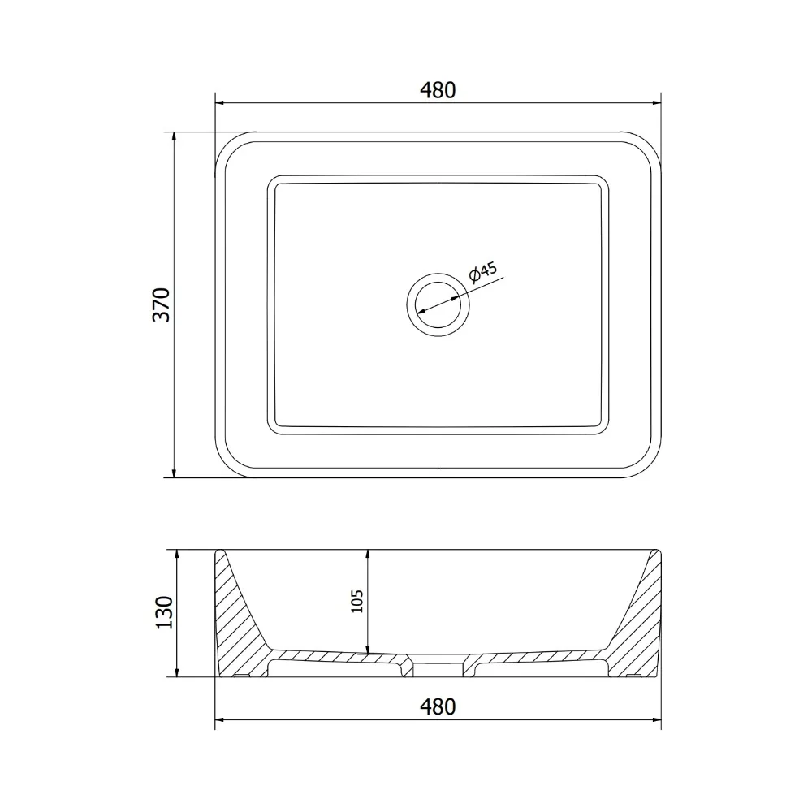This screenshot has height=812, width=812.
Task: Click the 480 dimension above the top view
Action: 438,90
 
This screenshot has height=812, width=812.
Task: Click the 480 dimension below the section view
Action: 438,706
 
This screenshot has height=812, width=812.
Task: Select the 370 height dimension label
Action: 162,304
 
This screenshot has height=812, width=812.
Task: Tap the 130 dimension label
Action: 164,612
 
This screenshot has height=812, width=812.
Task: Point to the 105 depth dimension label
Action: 357,601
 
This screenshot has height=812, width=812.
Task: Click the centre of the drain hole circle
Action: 438,304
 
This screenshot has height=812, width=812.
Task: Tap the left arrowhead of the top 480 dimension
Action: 219,102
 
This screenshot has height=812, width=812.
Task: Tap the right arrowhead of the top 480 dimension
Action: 657,102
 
